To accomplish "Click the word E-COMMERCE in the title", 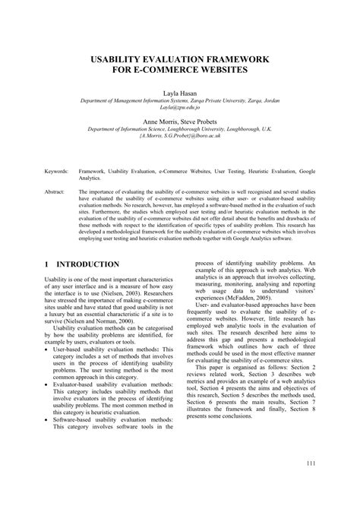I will pos(166,71).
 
